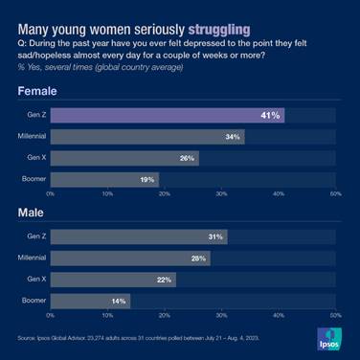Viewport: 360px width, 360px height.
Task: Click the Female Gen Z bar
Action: [x=168, y=115]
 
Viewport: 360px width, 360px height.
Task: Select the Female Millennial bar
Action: [x=147, y=136]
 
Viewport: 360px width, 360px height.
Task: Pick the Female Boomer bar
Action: [x=104, y=178]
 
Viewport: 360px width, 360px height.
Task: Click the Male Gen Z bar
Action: [x=139, y=236]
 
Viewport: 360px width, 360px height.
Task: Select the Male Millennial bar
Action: [x=130, y=258]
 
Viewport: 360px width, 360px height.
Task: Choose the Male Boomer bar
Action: [x=90, y=300]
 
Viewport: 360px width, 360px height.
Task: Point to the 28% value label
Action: [x=196, y=258]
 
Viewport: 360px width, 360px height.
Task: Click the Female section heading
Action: [x=36, y=92]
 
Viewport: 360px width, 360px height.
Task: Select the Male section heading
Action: [x=31, y=214]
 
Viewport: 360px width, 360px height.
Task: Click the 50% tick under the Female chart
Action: [x=335, y=193]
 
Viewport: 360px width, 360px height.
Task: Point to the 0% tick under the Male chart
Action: [x=51, y=315]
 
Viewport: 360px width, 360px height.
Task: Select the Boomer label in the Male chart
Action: [x=33, y=300]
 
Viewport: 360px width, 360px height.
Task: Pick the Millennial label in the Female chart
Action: [x=32, y=136]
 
